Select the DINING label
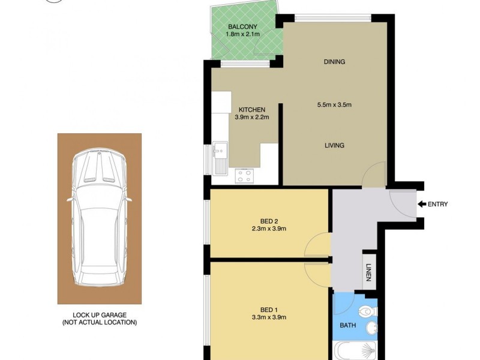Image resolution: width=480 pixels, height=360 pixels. (x=334, y=62)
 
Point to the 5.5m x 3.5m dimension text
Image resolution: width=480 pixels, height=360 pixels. (x=334, y=105)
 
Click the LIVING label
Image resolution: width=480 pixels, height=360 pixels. (x=334, y=145)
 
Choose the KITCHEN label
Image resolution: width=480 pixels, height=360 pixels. (x=251, y=109)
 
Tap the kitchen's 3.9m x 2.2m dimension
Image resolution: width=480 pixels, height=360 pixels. (x=251, y=117)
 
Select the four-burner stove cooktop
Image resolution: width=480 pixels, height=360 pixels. (x=244, y=176)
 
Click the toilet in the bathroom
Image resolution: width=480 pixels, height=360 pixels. (x=367, y=311)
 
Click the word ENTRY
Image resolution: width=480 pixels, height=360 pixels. (x=438, y=205)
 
